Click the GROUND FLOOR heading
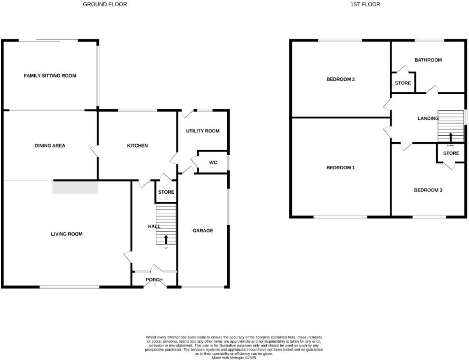[105, 4]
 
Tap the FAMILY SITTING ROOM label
[50, 76]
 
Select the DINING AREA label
[50, 146]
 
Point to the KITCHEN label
[138, 146]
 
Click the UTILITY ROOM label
[203, 131]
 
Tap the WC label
[213, 162]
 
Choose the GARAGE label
[203, 231]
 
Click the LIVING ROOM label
[67, 234]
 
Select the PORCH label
[154, 279]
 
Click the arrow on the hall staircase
[166, 239]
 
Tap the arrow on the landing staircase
[451, 137]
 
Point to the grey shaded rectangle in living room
[75, 187]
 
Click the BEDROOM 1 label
[340, 168]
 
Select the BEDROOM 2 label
[340, 79]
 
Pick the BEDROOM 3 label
[428, 190]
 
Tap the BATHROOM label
[428, 60]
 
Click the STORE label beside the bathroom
[403, 83]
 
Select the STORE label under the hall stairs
[166, 192]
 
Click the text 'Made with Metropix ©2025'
[234, 357]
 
